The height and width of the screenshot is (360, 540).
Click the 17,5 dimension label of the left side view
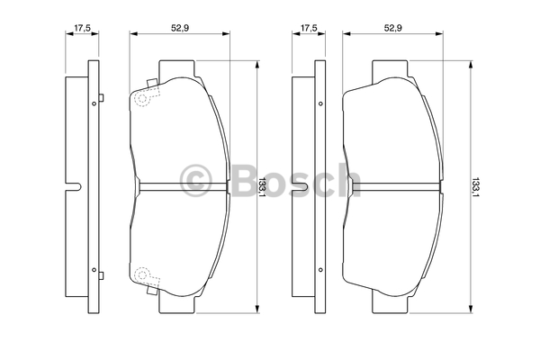pyautogui.click(x=82, y=28)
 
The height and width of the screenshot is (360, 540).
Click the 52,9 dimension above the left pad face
pyautogui.click(x=180, y=28)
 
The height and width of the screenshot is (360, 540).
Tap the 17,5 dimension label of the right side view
pyautogui.click(x=309, y=28)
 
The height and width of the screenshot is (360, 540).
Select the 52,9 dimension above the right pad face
pyautogui.click(x=393, y=28)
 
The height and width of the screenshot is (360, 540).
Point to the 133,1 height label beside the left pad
pyautogui.click(x=263, y=187)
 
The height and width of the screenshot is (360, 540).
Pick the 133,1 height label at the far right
pyautogui.click(x=475, y=187)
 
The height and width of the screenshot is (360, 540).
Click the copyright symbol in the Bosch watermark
pyautogui.click(x=195, y=181)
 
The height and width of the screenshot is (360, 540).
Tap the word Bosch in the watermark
pyautogui.click(x=296, y=180)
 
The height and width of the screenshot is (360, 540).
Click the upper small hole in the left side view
pyautogui.click(x=94, y=103)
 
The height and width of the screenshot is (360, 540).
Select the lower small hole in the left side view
pyautogui.click(x=94, y=270)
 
